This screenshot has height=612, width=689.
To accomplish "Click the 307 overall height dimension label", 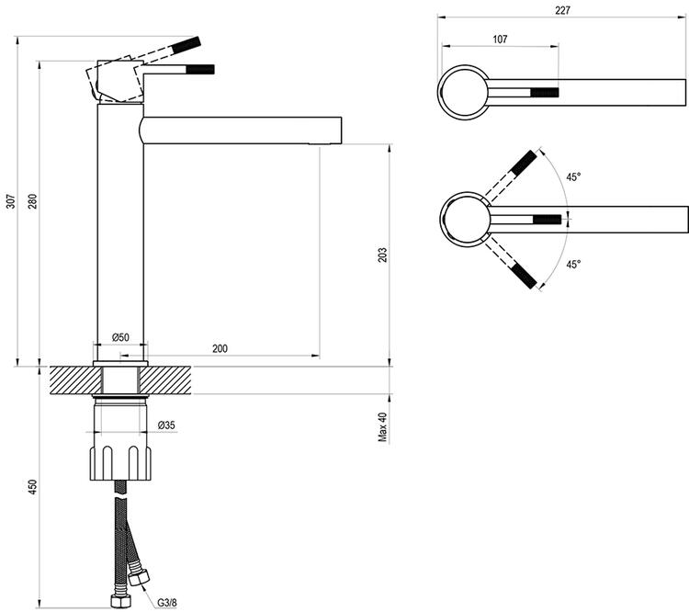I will pyautogui.click(x=11, y=201).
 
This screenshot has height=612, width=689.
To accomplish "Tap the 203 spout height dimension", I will pyautogui.click(x=382, y=255).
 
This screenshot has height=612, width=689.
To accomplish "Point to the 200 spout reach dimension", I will pyautogui.click(x=220, y=348).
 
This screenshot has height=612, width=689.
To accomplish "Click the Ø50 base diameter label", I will pyautogui.click(x=119, y=337).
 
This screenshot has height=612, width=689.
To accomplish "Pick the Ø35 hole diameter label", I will pyautogui.click(x=166, y=425).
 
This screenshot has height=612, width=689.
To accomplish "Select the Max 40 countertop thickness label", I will pyautogui.click(x=382, y=426).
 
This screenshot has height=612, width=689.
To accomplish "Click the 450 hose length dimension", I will pyautogui.click(x=32, y=488).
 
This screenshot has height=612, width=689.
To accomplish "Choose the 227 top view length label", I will pyautogui.click(x=562, y=10).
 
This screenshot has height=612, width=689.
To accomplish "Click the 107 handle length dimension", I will pyautogui.click(x=500, y=40).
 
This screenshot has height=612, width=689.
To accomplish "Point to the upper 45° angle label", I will pyautogui.click(x=573, y=176).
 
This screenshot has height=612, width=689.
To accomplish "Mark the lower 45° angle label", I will pyautogui.click(x=573, y=264).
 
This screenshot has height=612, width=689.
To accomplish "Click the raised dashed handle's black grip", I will pyautogui.click(x=187, y=45).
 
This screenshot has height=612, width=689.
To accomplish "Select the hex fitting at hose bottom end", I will pyautogui.click(x=119, y=602).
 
